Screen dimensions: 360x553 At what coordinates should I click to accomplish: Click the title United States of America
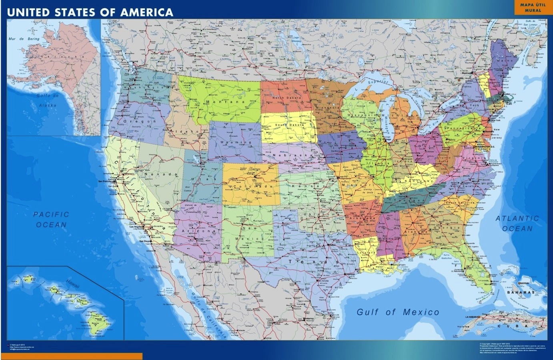pos(90,12)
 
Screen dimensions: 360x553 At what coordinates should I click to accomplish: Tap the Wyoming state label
pos(235,142)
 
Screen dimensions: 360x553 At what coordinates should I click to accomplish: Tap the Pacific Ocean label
pos(51,220)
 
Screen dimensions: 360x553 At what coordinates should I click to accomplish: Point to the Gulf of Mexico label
pos(398,312)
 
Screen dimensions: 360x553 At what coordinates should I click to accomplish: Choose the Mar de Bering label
pos(24,39)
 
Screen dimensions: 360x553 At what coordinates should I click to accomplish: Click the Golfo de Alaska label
pos(48,100)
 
